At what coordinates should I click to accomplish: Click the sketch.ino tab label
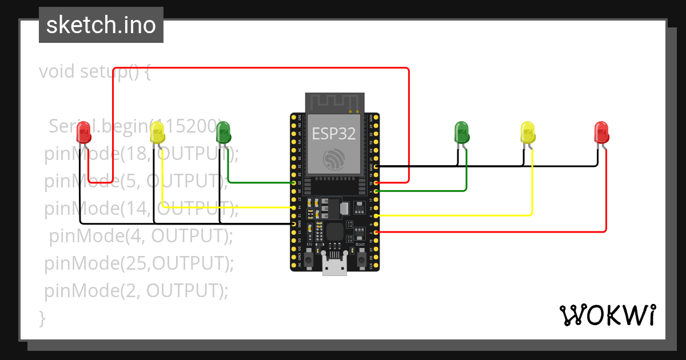pos(101,25)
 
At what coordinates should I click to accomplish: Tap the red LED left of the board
pos(83,133)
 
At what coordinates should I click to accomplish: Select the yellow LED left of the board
pos(157,133)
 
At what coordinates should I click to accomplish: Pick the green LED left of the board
pos(223,133)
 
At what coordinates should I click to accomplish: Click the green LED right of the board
pos(461,133)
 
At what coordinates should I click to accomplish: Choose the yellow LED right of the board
pos(528,133)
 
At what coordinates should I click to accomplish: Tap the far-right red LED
pos(601,133)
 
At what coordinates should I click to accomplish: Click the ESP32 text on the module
pos(334,134)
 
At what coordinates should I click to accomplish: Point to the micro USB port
pos(334,266)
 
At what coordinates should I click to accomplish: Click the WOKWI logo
pos(607,315)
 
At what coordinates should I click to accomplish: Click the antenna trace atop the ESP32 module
pos(334,102)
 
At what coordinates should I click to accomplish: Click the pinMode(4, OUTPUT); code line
pos(141,235)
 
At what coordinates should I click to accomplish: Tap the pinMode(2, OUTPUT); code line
pos(136,291)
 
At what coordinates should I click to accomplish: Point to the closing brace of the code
pos(42,318)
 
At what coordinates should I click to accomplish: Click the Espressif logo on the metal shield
pos(334,159)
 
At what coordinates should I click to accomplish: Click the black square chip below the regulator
pos(334,231)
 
